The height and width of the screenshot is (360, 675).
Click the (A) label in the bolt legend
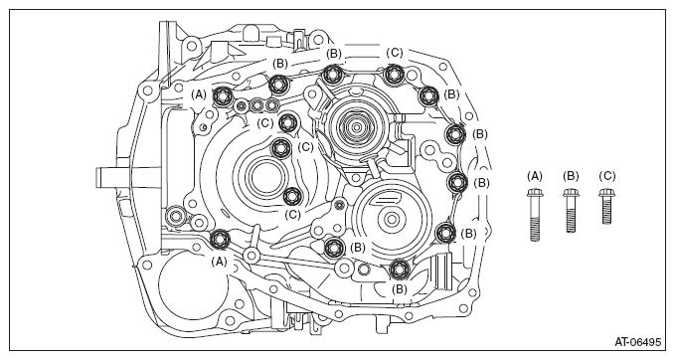coord(535,176)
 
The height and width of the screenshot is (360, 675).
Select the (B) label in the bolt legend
coord(571,176)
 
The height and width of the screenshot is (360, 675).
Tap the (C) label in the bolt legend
coord(607,176)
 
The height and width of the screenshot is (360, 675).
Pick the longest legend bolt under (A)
coord(535,215)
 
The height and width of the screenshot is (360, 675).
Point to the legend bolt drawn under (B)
coord(571,210)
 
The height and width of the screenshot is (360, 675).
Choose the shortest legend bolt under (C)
coord(606,206)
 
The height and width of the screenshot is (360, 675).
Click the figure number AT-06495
coord(637,342)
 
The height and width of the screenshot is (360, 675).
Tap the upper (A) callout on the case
coord(199,94)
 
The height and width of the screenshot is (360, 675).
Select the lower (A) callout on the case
coord(219,262)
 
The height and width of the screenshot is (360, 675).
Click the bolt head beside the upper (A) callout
coord(222,96)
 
